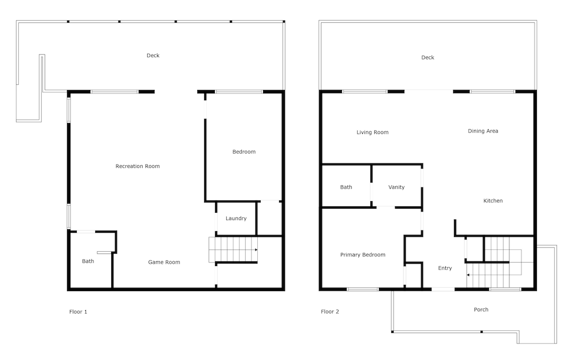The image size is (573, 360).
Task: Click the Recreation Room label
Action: (x=138, y=166)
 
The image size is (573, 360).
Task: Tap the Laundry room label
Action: (x=236, y=218)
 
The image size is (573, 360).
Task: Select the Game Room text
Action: (x=164, y=262)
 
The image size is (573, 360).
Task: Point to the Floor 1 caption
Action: (x=78, y=312)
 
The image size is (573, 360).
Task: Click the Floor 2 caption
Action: (x=330, y=312)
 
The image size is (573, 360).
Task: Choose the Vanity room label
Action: (x=397, y=187)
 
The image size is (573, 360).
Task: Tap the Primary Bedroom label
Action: (x=363, y=255)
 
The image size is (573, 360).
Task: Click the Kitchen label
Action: (x=493, y=201)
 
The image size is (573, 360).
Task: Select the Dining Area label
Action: (x=483, y=131)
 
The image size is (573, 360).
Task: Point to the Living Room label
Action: (x=372, y=132)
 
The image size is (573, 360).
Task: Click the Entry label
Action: (x=445, y=268)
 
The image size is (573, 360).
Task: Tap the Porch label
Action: (x=481, y=310)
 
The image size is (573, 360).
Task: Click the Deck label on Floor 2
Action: (x=427, y=57)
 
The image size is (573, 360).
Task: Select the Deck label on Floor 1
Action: (x=153, y=56)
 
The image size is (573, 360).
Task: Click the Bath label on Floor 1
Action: (x=88, y=261)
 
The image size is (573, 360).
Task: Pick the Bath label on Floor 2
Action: (x=346, y=187)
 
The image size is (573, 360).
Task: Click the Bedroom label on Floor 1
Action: (x=244, y=152)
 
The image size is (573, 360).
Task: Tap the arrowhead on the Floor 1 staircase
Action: (x=256, y=250)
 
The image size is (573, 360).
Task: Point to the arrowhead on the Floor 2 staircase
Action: (x=468, y=275)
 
